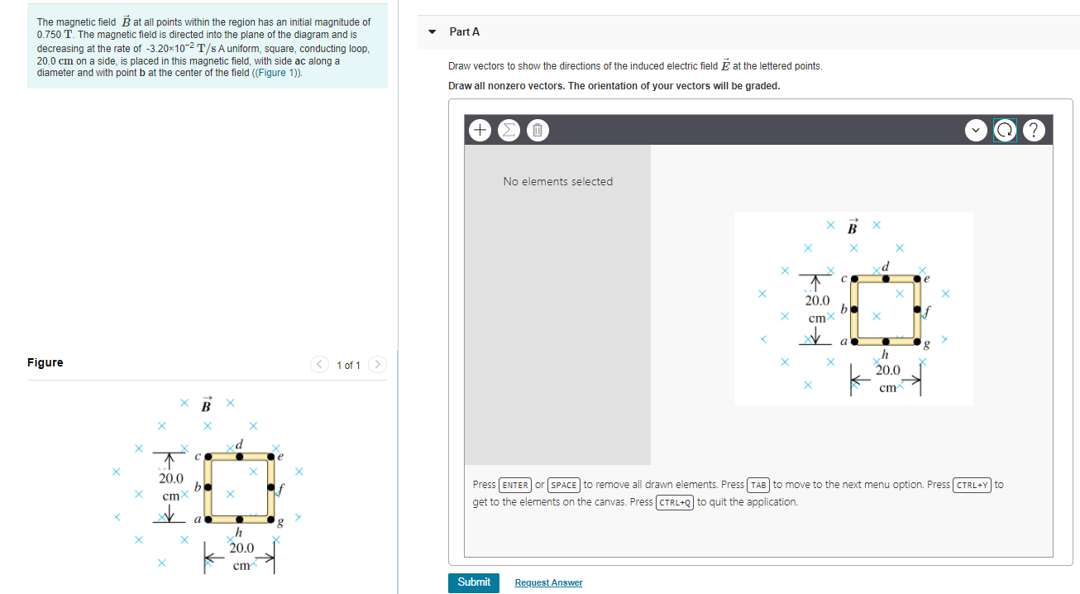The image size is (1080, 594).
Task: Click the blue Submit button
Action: (x=474, y=582)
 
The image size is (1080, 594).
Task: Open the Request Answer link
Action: (x=548, y=583)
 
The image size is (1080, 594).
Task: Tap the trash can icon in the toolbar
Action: (x=536, y=130)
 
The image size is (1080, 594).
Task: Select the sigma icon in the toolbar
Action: (x=509, y=130)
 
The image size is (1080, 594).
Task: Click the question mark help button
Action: (x=1034, y=130)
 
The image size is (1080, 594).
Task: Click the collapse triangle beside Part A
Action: (x=432, y=32)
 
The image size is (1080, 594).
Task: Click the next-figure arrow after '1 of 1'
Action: (x=377, y=365)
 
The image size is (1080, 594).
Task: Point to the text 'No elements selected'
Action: (x=557, y=181)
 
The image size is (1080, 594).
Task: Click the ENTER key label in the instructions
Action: (x=515, y=485)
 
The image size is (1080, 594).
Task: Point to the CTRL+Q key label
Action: (x=674, y=502)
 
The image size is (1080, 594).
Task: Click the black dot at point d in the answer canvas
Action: (x=885, y=278)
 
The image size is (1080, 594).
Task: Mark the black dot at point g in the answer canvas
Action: (x=917, y=341)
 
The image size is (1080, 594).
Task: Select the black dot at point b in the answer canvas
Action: (x=853, y=309)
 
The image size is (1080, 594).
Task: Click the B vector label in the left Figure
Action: (x=207, y=405)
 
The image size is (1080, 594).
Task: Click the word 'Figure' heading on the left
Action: (x=45, y=362)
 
